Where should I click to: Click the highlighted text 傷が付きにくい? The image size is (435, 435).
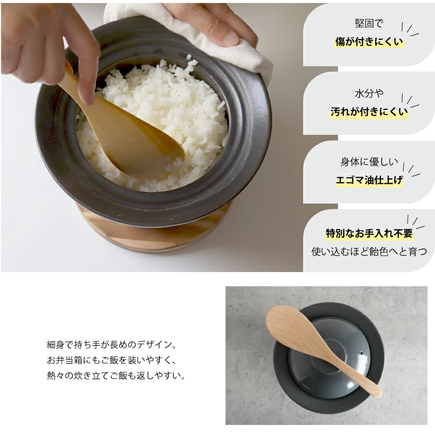(x=369, y=42)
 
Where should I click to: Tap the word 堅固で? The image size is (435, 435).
(x=369, y=23)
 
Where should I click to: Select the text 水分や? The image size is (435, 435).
(x=369, y=93)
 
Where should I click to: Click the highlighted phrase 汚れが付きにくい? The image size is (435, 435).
(x=369, y=112)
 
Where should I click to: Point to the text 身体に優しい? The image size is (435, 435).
(x=369, y=162)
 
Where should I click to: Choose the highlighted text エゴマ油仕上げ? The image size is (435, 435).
(x=369, y=180)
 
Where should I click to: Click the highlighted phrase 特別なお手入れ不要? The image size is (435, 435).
(x=369, y=233)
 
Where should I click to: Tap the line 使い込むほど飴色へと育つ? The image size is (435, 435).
(x=369, y=252)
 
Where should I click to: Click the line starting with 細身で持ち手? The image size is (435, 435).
(x=112, y=345)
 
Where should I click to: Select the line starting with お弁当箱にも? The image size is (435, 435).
(x=112, y=360)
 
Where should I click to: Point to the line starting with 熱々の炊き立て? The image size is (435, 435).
(x=116, y=376)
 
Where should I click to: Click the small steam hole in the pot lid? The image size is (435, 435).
(x=362, y=353)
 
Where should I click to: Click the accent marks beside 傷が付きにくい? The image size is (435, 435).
(x=410, y=29)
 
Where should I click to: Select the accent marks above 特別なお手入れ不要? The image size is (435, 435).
(x=416, y=222)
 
